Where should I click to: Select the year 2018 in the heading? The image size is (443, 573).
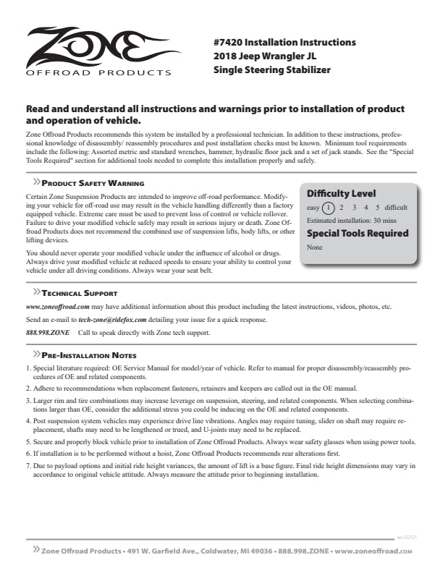click(x=227, y=56)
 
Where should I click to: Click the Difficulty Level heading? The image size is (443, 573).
click(x=341, y=194)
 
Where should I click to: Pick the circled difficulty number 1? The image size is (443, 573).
click(x=328, y=208)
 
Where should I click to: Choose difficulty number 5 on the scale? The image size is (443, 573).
click(x=377, y=208)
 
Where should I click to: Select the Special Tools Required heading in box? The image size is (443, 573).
click(x=358, y=233)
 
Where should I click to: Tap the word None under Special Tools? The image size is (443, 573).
click(x=314, y=247)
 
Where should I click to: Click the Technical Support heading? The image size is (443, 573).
click(x=80, y=294)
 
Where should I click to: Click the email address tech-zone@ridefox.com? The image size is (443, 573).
click(x=112, y=319)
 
